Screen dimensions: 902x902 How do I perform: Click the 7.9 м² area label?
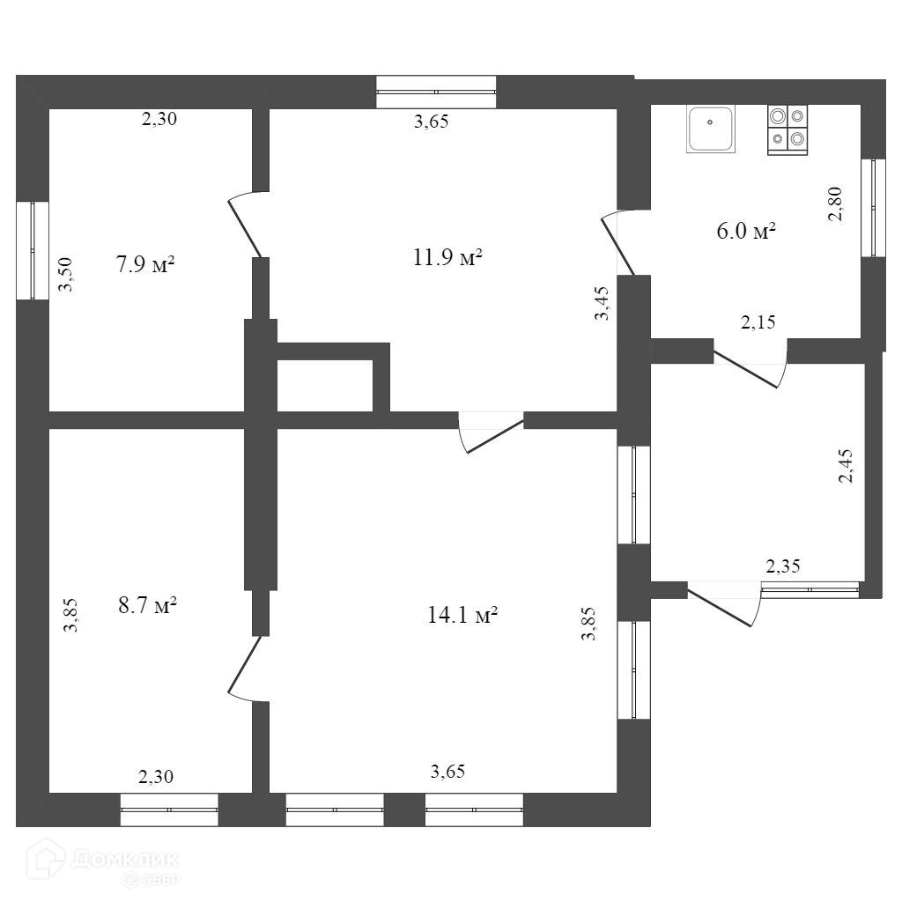145,263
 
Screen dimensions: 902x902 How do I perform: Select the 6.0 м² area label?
746,232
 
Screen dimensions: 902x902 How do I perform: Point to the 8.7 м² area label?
148,606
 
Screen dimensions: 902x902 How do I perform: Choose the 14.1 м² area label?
462,616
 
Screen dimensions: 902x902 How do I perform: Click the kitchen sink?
711,129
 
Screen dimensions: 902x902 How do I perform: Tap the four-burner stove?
787,129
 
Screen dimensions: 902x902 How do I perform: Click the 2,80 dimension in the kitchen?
838,204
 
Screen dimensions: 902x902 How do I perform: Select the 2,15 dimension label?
758,322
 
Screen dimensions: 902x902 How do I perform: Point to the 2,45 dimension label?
847,465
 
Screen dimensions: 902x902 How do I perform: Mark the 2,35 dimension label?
782,566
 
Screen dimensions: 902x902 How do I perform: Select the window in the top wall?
436,91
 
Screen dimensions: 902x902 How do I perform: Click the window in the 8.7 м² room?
168,810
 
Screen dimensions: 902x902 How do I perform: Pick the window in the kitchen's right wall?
874,208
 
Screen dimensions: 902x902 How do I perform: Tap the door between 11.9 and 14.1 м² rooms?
492,433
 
